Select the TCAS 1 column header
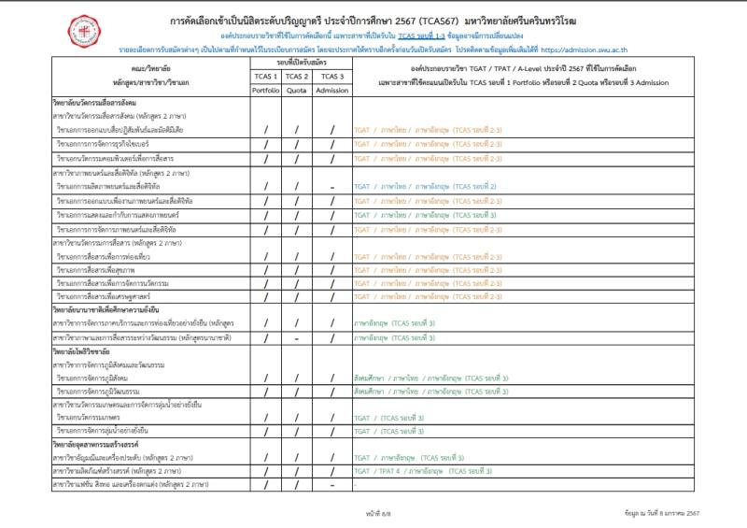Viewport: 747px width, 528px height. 265,76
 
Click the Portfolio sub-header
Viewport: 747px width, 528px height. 265,90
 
